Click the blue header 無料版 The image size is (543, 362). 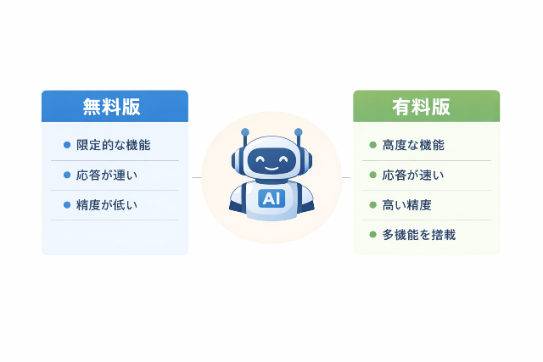(115, 107)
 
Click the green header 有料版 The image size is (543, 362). (426, 107)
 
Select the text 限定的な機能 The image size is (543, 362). (113, 145)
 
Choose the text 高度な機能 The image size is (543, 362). (413, 145)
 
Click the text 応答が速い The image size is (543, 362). (413, 175)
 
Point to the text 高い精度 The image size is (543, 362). (407, 205)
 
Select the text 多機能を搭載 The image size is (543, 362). (419, 234)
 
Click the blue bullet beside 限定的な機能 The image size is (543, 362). (67, 145)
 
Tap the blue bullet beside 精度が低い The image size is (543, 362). (67, 205)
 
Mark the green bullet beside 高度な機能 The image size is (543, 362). (372, 145)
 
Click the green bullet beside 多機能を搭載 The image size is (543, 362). (372, 234)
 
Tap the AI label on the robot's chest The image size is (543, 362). (271, 198)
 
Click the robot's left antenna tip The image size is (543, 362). (244, 132)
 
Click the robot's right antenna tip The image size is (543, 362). (299, 132)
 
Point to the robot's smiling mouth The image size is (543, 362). (271, 167)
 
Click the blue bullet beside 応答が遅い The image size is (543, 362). (67, 175)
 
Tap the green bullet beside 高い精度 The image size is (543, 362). (372, 205)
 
